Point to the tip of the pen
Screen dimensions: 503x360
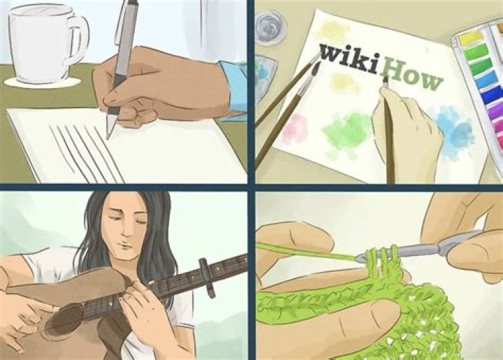(108, 137)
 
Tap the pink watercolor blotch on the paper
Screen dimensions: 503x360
(295, 128)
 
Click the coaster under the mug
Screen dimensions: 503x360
(42, 82)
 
